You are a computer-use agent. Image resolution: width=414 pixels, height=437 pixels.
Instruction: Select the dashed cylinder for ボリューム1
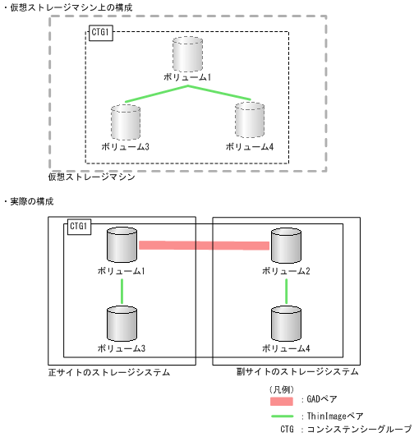click(x=187, y=54)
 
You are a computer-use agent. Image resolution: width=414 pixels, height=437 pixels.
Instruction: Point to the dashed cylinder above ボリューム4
click(x=250, y=121)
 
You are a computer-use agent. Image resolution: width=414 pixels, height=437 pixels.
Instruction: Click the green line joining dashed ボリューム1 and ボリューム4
click(x=220, y=93)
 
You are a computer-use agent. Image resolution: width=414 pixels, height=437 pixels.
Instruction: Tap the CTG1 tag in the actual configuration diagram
click(x=79, y=226)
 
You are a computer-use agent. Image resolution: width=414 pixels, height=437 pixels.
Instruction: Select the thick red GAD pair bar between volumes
click(x=205, y=246)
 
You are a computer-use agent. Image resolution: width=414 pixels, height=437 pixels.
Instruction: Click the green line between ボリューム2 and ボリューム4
click(x=285, y=290)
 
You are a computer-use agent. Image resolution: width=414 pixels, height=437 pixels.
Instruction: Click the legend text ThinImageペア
click(x=333, y=416)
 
